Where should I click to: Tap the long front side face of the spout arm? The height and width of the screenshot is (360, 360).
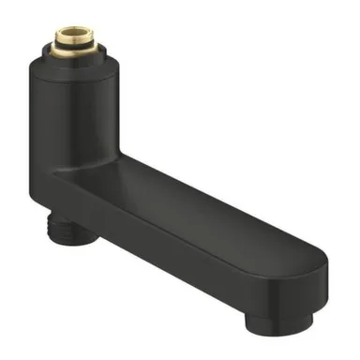tap(187, 253)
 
